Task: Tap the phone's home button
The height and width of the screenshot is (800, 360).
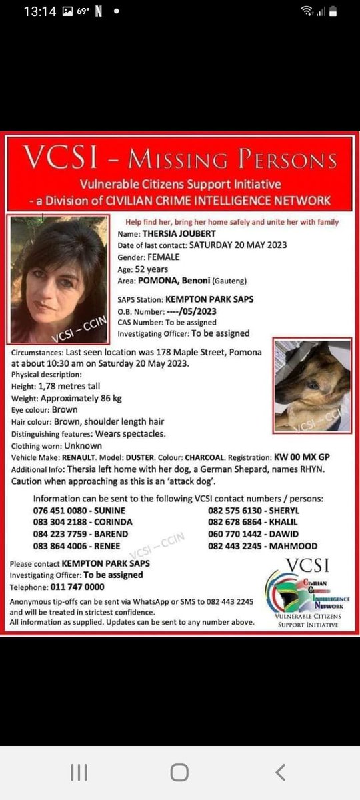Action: (179, 772)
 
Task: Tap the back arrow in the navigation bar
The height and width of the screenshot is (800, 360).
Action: (281, 772)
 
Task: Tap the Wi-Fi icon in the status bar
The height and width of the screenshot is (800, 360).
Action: (307, 11)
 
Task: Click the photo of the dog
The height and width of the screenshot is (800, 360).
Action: (313, 386)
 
